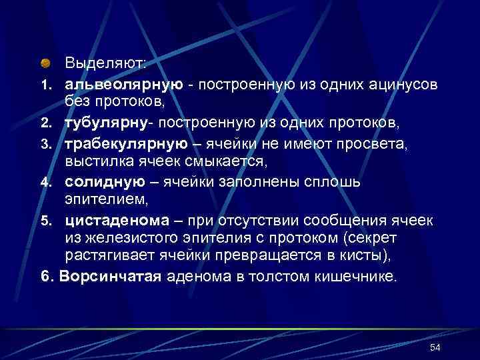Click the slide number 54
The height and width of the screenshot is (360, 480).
pos(436,347)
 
